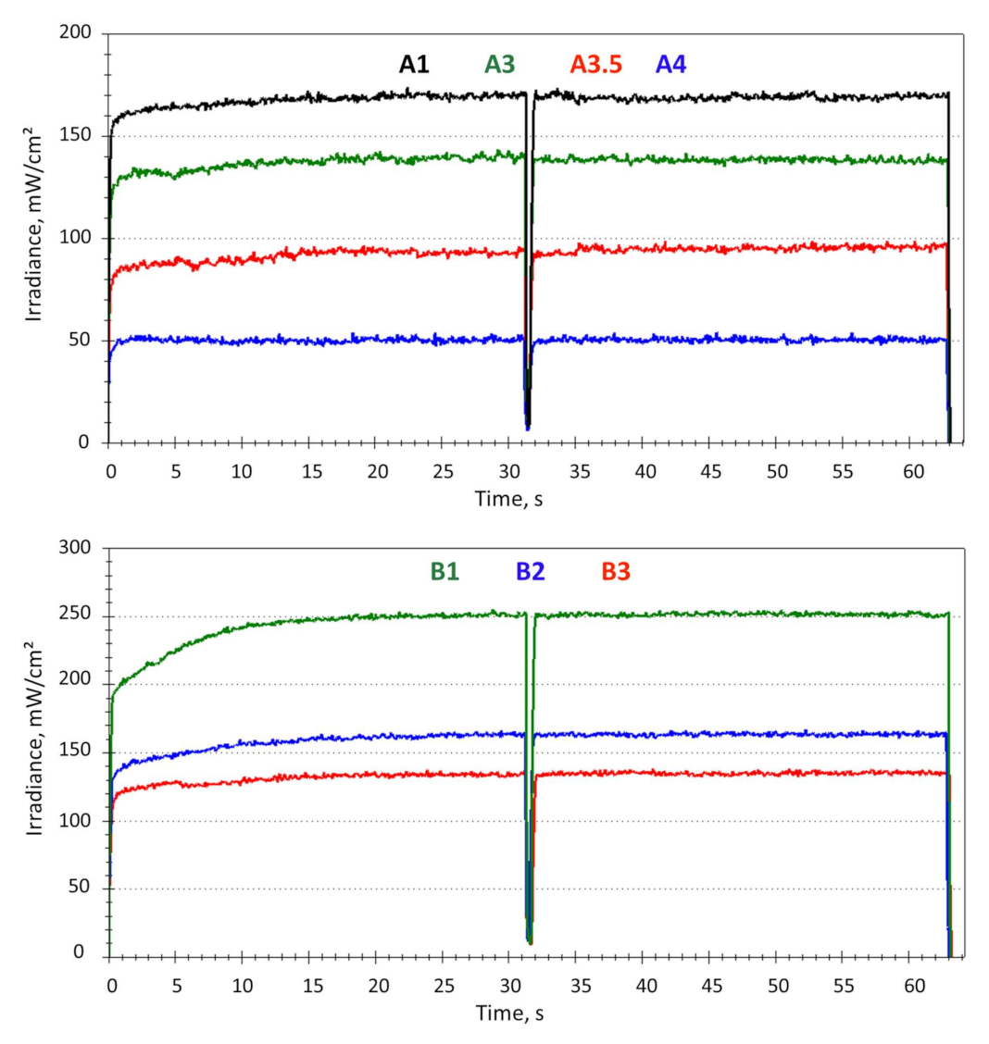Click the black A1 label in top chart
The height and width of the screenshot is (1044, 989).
click(x=415, y=64)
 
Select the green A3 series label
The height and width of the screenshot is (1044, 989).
click(x=500, y=64)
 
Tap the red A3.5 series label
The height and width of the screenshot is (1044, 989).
click(x=595, y=64)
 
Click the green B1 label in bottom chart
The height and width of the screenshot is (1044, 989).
click(x=444, y=571)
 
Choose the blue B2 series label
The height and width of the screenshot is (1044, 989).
click(x=530, y=571)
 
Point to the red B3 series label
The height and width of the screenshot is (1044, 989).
click(x=616, y=571)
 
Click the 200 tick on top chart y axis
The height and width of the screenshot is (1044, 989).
click(x=81, y=34)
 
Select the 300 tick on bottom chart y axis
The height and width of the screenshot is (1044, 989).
click(x=81, y=548)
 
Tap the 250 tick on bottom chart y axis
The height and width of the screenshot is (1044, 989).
click(x=81, y=616)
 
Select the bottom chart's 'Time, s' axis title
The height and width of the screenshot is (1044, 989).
click(x=509, y=1013)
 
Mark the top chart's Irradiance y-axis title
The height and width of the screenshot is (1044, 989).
click(x=34, y=238)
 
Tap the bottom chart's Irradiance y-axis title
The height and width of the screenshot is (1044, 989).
click(x=34, y=752)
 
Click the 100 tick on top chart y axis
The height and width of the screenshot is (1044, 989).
click(x=81, y=239)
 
